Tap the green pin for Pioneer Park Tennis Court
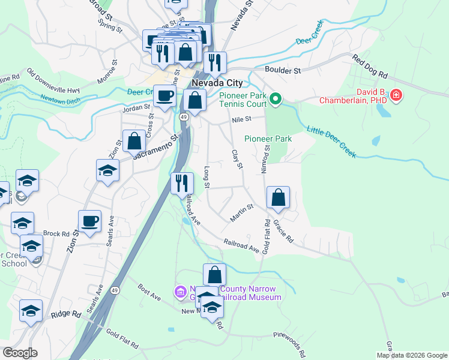[276, 98]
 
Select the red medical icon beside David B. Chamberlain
[396, 95]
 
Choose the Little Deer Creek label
[332, 142]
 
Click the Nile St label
[241, 120]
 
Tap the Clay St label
[237, 158]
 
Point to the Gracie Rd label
[283, 230]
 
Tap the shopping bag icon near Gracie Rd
[279, 197]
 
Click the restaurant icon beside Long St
[182, 183]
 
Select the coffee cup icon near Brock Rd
[89, 221]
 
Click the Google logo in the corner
[19, 353]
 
